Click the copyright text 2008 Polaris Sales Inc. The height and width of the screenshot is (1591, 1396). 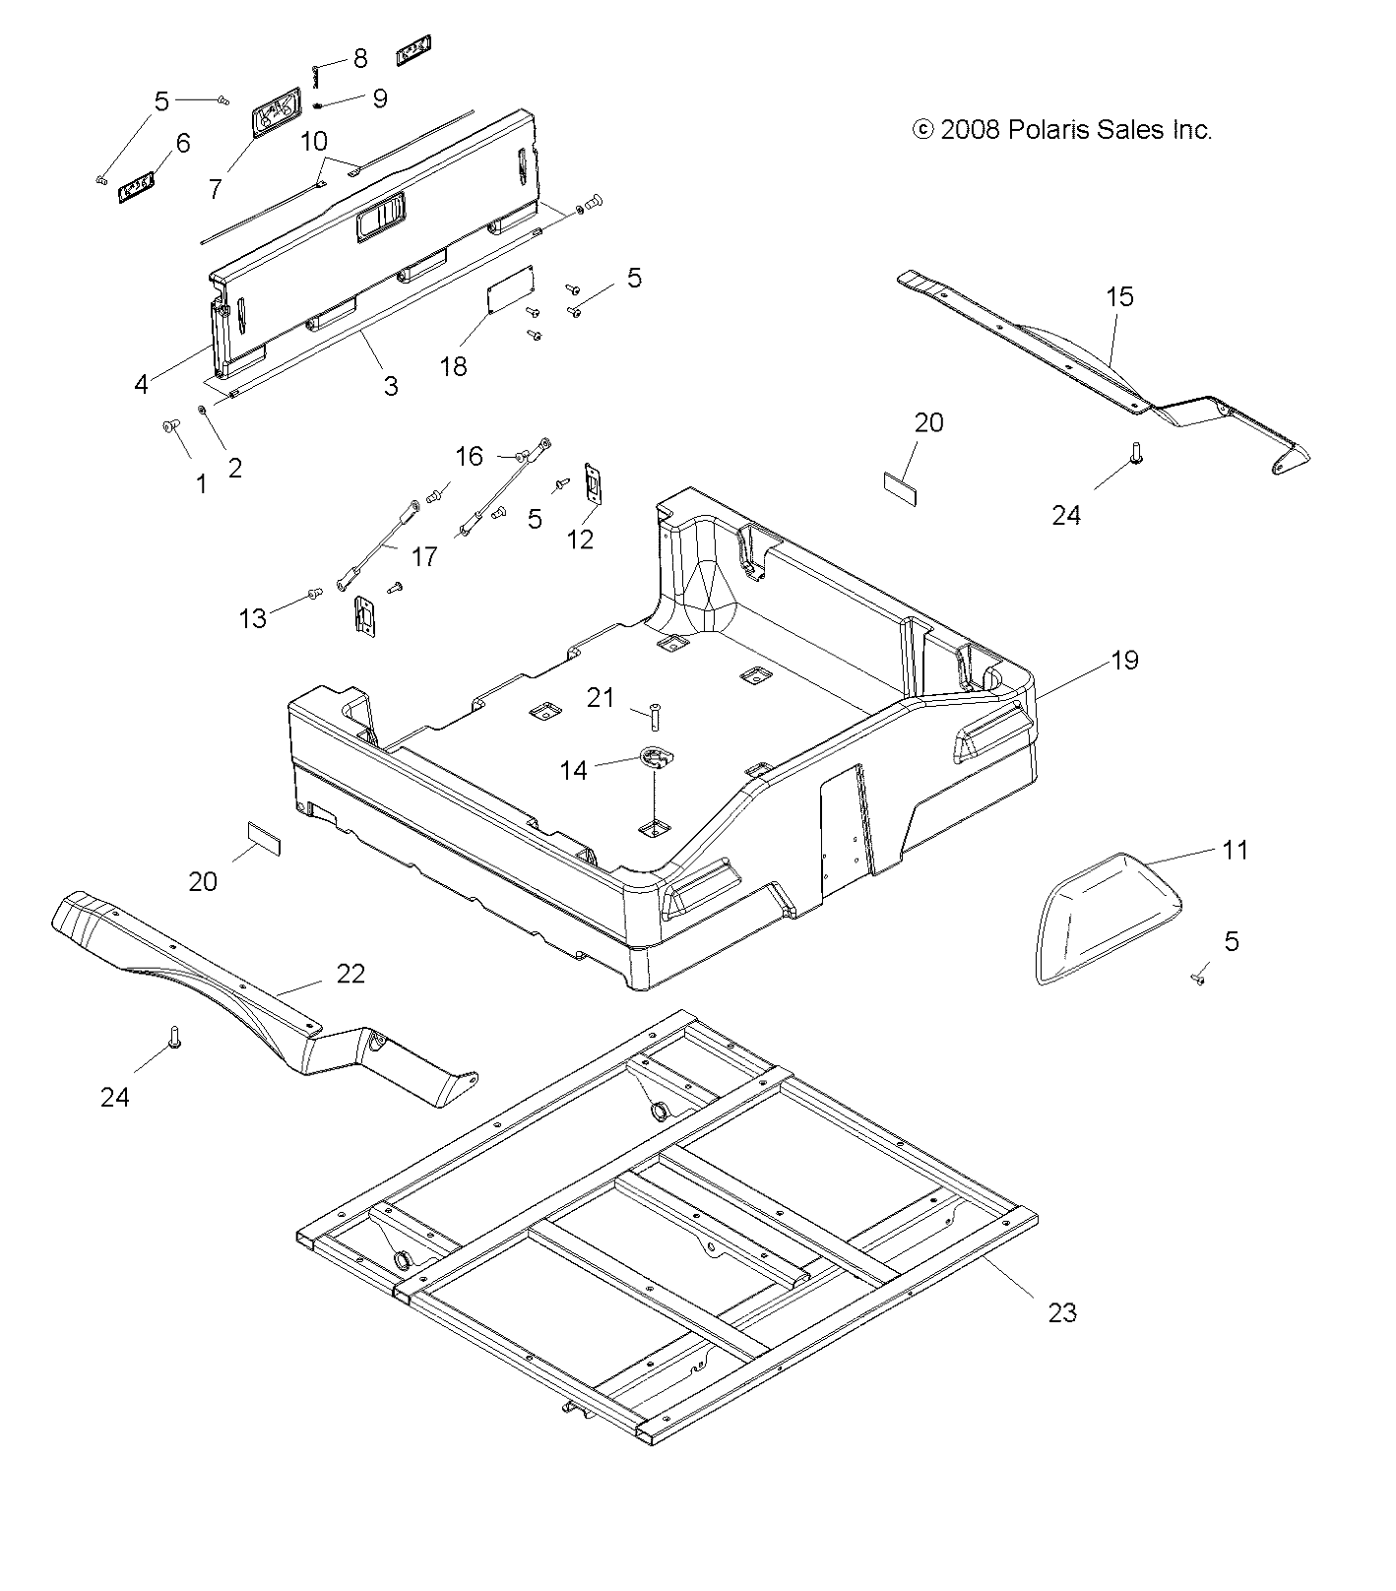tap(1062, 129)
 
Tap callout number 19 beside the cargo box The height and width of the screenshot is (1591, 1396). tap(1124, 660)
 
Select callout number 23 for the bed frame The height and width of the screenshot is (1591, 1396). tap(1062, 1311)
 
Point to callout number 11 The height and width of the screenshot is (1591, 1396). tap(1234, 849)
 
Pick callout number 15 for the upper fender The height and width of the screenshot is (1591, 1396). tap(1119, 296)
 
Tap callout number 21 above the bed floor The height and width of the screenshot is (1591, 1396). tap(601, 698)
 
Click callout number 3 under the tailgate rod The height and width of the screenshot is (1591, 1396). tap(391, 386)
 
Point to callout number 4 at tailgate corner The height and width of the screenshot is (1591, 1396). tap(142, 384)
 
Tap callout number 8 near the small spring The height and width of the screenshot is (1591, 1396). tap(359, 58)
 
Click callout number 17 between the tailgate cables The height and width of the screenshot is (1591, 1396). tap(423, 556)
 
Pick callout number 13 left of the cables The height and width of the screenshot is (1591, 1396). tap(253, 617)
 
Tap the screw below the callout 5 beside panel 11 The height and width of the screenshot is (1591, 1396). tap(1198, 979)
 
